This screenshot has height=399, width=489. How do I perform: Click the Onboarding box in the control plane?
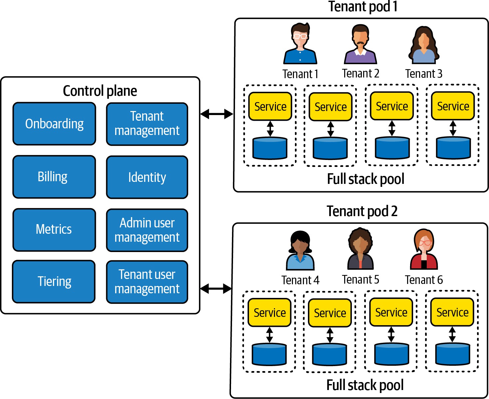[54, 124]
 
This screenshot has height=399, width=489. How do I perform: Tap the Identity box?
[147, 177]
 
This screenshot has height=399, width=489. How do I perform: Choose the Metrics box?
[54, 229]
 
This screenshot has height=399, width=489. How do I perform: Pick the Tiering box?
[54, 281]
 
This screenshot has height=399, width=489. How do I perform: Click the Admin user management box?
[147, 230]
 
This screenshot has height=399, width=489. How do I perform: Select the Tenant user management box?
[147, 282]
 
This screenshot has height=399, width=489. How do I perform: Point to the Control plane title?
[100, 91]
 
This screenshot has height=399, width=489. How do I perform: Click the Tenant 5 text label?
[361, 280]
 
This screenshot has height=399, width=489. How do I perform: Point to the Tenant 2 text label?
[361, 73]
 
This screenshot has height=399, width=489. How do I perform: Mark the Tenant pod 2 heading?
[362, 211]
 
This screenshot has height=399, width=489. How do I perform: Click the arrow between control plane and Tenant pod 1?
[217, 114]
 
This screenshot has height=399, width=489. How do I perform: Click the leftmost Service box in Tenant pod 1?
[270, 106]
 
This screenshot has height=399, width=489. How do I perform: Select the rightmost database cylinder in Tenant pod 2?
[452, 354]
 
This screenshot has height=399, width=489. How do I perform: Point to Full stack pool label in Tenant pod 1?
[366, 179]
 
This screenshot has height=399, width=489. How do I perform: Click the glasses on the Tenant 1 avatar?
[300, 36]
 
